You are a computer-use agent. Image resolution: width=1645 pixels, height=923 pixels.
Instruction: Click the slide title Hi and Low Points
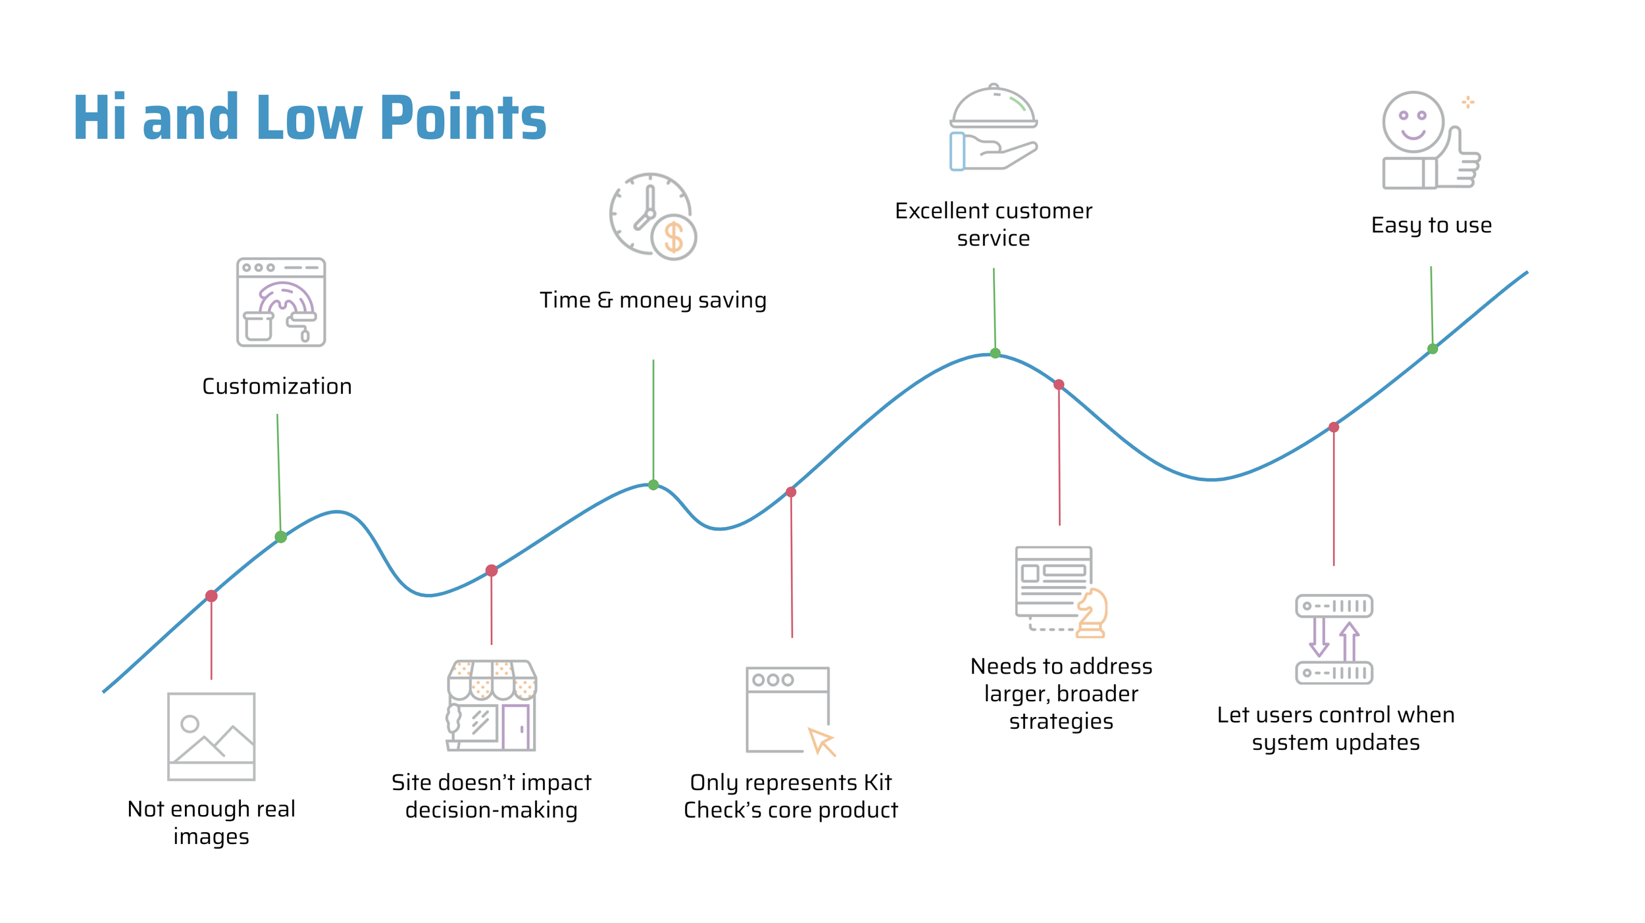pyautogui.click(x=309, y=118)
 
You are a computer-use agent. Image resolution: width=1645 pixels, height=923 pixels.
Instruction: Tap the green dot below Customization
pyautogui.click(x=281, y=537)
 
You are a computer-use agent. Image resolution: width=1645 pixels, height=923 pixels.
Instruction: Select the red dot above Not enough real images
pyautogui.click(x=211, y=596)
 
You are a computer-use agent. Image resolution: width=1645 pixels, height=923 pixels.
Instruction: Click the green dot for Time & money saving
pyautogui.click(x=653, y=485)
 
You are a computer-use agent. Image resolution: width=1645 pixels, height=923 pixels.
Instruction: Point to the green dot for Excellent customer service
pyautogui.click(x=996, y=353)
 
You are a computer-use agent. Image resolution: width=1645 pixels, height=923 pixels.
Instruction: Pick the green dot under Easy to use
pyautogui.click(x=1432, y=349)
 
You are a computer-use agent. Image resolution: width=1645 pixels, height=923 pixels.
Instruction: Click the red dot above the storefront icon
pyautogui.click(x=492, y=570)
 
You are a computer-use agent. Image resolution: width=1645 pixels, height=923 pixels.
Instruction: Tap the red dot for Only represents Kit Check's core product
pyautogui.click(x=791, y=492)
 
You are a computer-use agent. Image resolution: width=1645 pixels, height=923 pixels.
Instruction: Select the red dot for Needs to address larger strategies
pyautogui.click(x=1059, y=385)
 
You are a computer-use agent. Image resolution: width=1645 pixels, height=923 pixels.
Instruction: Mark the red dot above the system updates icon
pyautogui.click(x=1334, y=428)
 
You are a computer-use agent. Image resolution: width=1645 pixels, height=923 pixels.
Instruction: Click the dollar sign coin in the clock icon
pyautogui.click(x=674, y=237)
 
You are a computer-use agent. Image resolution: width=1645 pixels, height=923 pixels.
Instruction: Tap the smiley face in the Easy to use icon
pyautogui.click(x=1413, y=122)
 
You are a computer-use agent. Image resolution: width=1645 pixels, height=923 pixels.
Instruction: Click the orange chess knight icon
pyautogui.click(x=1092, y=613)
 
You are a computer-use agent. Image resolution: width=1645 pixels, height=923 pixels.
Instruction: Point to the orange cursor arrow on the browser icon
pyautogui.click(x=822, y=741)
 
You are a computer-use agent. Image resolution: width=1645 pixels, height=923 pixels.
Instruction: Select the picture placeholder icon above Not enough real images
pyautogui.click(x=211, y=737)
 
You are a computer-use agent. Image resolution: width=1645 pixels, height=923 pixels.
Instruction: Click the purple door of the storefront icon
pyautogui.click(x=516, y=727)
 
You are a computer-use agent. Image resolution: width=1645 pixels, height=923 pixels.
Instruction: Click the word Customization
pyautogui.click(x=277, y=386)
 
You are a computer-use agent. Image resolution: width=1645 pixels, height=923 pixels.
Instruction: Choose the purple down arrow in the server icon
pyautogui.click(x=1319, y=637)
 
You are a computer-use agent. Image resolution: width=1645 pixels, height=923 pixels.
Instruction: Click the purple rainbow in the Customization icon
pyautogui.click(x=286, y=297)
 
